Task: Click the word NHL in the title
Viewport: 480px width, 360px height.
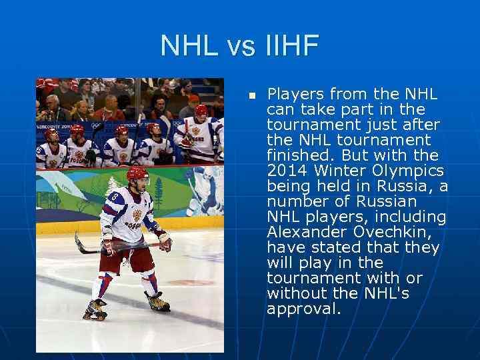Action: pyautogui.click(x=189, y=47)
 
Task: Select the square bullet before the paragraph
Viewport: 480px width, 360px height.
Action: pyautogui.click(x=252, y=96)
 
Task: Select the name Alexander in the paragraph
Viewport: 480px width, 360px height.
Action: pyautogui.click(x=301, y=232)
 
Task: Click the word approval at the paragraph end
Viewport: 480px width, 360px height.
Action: pyautogui.click(x=303, y=309)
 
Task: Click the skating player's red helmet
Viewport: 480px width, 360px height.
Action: pyautogui.click(x=136, y=174)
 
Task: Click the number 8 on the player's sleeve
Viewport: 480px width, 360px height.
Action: pyautogui.click(x=115, y=198)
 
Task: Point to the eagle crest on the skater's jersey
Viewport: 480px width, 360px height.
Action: pyautogui.click(x=137, y=215)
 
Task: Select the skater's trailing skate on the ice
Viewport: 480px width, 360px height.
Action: pyautogui.click(x=95, y=309)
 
